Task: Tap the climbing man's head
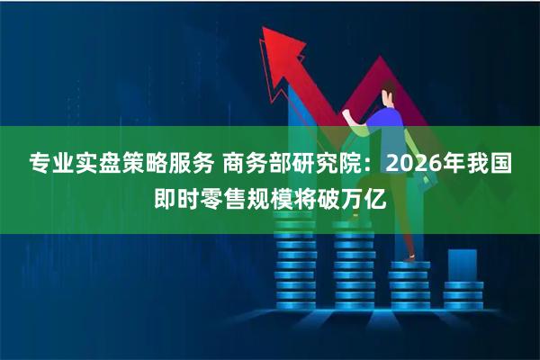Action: tap(388, 90)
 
